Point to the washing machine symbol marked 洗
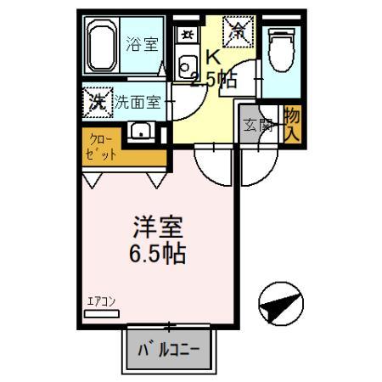point(98,102)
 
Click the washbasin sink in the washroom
point(141,132)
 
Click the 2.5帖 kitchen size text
point(213,81)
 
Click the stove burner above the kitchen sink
point(186,37)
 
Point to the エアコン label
point(103,301)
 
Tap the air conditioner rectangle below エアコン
point(104,312)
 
